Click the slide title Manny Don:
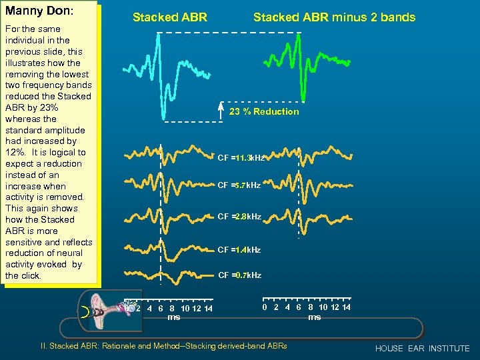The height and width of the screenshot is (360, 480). (x=39, y=12)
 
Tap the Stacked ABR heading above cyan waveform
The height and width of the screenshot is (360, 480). (x=170, y=17)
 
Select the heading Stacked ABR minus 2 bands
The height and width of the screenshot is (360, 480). (x=334, y=17)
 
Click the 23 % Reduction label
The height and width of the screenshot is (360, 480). (x=264, y=111)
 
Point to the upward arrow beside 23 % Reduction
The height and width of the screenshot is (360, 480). (x=221, y=111)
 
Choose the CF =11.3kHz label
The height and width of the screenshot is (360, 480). (x=241, y=158)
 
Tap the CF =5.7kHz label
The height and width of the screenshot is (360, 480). (x=239, y=185)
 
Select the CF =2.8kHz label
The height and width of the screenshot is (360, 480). (x=239, y=217)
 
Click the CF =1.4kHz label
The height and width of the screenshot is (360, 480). (x=239, y=249)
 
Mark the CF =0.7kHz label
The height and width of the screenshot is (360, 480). (x=239, y=275)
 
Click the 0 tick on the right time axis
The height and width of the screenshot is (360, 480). (x=265, y=307)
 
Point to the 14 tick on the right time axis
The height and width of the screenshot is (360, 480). (x=345, y=307)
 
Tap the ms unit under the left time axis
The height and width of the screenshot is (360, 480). (x=173, y=318)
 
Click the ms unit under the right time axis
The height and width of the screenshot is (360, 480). (x=314, y=317)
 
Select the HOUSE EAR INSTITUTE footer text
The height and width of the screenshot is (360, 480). (x=422, y=349)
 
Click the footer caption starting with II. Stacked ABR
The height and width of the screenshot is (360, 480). (x=164, y=347)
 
